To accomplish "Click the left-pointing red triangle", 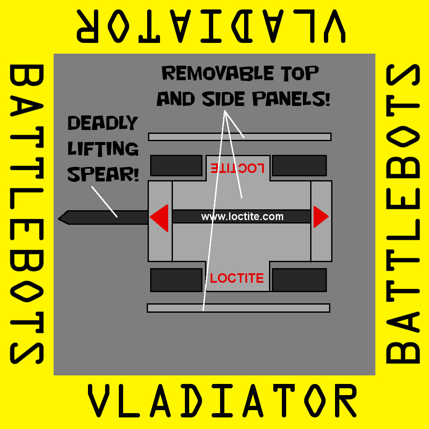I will tap(160, 218).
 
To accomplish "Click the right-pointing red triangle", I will tap(320, 217).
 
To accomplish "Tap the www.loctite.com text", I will tap(242, 217).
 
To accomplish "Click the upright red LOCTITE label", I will tap(237, 278).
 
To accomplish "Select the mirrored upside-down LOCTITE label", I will tap(237, 168).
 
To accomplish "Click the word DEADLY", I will tap(103, 124).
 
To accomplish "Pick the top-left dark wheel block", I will tap(176, 166).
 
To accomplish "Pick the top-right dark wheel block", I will tap(299, 166).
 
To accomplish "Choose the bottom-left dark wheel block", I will tap(176, 280).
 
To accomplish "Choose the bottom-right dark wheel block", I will tap(299, 280).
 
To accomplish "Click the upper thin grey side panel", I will tap(239, 137).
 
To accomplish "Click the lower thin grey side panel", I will tap(238, 308).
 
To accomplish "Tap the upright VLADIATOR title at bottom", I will tap(222, 401).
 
